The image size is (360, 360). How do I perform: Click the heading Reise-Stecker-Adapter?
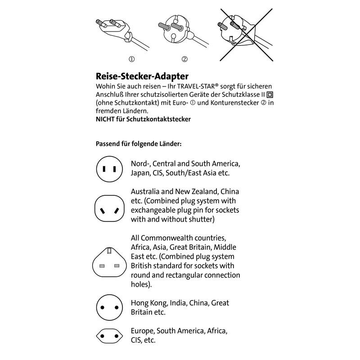(x=142, y=76)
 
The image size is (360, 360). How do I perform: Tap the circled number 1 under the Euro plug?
(x=131, y=59)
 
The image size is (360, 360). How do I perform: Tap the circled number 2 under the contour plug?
(x=184, y=59)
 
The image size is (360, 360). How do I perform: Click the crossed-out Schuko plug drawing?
(x=246, y=35)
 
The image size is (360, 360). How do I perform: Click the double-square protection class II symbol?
(x=270, y=94)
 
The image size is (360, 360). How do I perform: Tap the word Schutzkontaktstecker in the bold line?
(x=158, y=119)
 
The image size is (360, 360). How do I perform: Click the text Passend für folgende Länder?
(x=139, y=144)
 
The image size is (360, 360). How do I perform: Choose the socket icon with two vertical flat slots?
(x=109, y=169)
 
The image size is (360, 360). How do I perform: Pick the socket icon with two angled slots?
(x=109, y=208)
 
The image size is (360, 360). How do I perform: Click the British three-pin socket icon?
(x=109, y=262)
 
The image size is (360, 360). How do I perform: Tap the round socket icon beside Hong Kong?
(x=109, y=307)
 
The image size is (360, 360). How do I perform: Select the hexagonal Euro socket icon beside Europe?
(x=109, y=336)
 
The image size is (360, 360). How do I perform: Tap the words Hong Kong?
(x=149, y=303)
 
